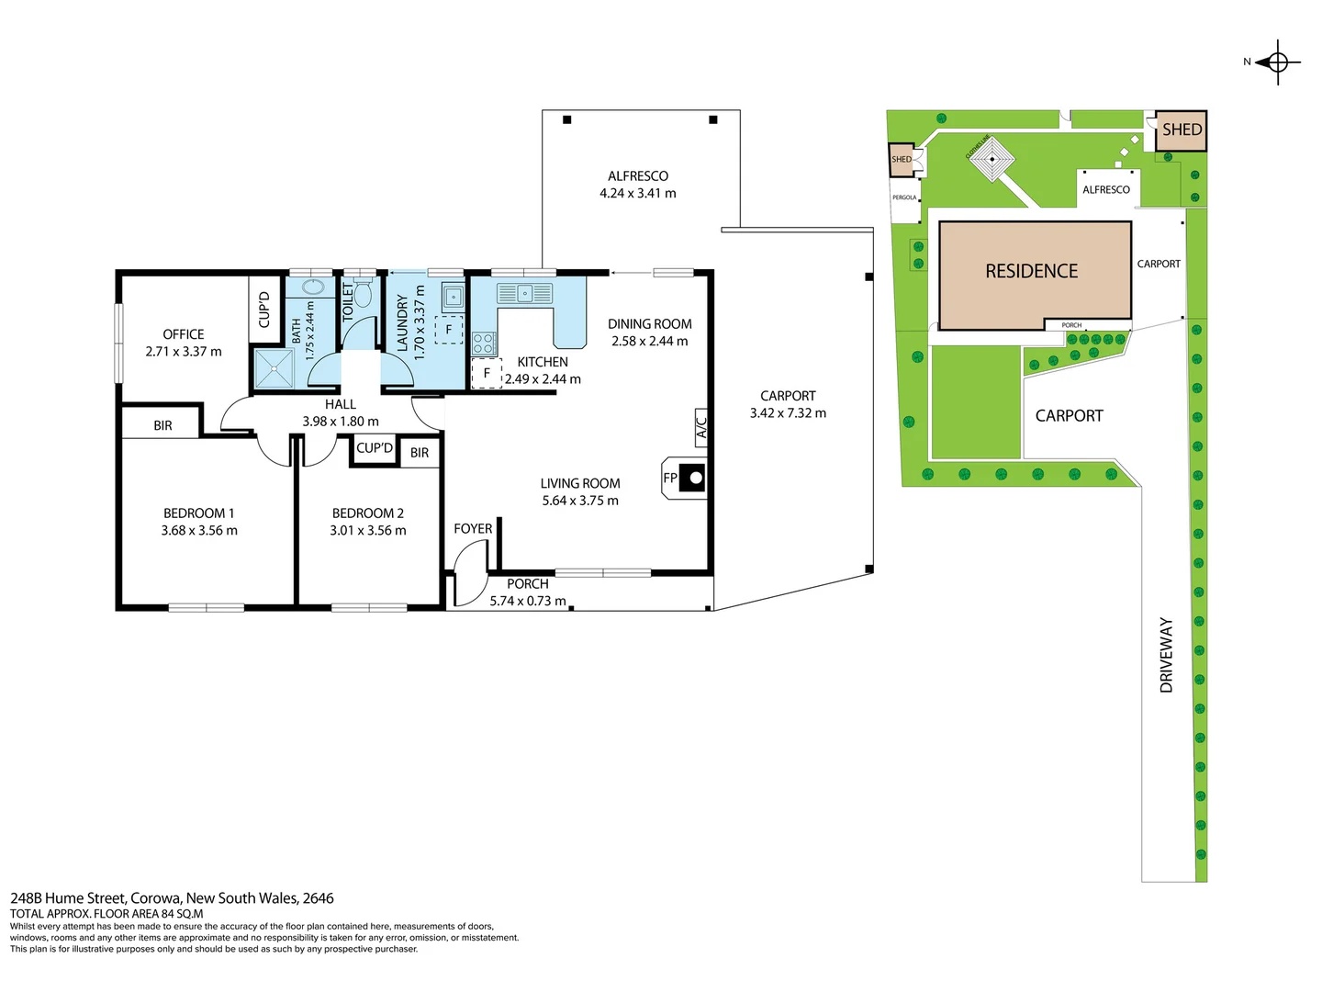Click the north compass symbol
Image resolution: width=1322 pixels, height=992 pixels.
pos(1277,62)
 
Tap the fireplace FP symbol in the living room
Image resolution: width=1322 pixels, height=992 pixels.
pos(685,479)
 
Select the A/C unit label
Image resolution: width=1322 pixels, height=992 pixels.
pos(701,428)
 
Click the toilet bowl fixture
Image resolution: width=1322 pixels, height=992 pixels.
pos(364,293)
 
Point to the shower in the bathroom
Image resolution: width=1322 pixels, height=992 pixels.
pos(274,369)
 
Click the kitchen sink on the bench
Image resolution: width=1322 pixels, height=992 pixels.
pos(524,294)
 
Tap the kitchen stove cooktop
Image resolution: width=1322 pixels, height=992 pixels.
pos(484,344)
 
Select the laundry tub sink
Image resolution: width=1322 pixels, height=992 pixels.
pos(453,297)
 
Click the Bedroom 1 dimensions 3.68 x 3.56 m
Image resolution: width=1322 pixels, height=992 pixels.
pos(199,531)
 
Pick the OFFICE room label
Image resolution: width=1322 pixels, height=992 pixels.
pos(184,334)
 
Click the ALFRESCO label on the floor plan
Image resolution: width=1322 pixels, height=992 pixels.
pos(638,176)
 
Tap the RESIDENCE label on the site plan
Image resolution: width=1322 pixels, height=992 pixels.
pos(1032,272)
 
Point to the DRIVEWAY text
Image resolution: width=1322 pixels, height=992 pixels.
pos(1167,654)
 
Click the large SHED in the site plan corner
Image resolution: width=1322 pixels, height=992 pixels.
pos(1181,130)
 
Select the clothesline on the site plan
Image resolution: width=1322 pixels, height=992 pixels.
pos(991,159)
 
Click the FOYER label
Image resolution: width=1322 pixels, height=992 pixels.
pos(473,529)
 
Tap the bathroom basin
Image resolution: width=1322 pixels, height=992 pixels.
pos(313,286)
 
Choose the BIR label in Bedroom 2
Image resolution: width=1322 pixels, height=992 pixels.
pos(420,453)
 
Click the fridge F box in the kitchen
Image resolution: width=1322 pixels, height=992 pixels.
pos(487,374)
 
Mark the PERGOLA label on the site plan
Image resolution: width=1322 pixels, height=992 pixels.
pos(904,197)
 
